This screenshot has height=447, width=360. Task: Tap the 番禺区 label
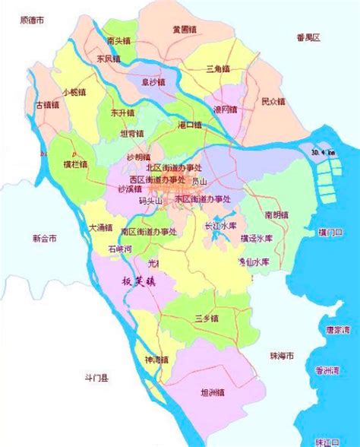click(308, 37)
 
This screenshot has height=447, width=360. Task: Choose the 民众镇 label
click(272, 100)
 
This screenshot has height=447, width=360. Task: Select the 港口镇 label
click(189, 123)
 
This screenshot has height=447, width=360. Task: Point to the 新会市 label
click(45, 238)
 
